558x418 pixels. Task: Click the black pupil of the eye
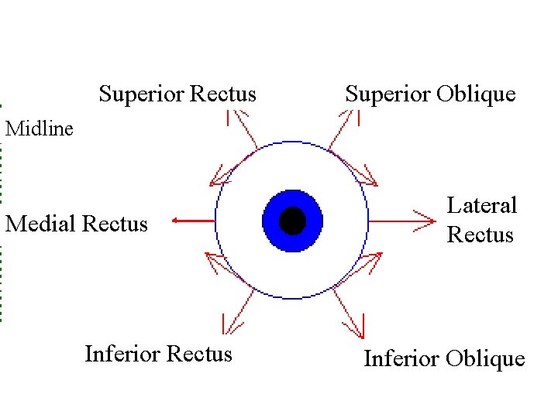[292, 221]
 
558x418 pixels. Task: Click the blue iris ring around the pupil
[273, 221]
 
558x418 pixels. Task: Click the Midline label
[40, 128]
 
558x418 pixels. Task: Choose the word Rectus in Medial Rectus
[114, 224]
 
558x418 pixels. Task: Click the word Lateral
[481, 206]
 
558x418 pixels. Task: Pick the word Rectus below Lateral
[480, 235]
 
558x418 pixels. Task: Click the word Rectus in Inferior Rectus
[199, 355]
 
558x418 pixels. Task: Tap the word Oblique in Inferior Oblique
[487, 359]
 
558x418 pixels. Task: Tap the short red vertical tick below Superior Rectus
[228, 118]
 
